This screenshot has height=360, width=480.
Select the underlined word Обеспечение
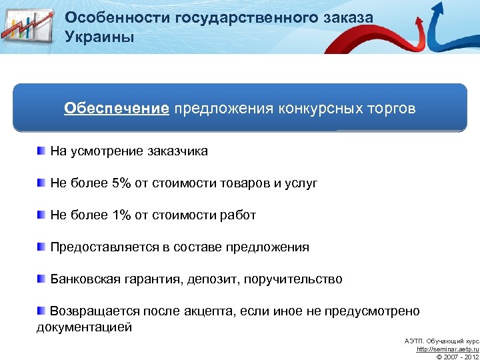(x=117, y=108)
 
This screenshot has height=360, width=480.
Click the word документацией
(x=84, y=327)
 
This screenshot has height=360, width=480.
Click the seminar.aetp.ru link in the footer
(x=447, y=349)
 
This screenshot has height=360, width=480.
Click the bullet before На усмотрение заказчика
(x=42, y=151)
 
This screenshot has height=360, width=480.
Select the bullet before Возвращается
(x=42, y=310)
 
